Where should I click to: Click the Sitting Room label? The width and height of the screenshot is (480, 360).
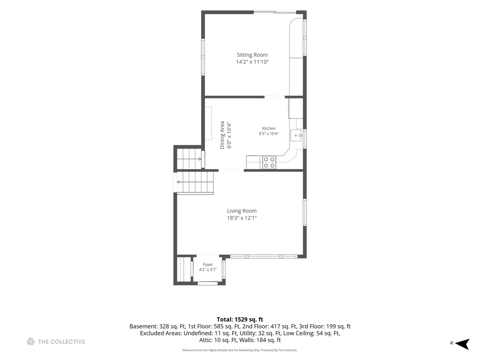tap(252, 55)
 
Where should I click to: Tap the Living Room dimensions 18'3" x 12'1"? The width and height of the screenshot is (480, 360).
tap(242, 218)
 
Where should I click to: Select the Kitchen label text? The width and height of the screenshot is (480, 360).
tap(269, 128)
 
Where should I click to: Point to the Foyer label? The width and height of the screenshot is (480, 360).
tap(208, 264)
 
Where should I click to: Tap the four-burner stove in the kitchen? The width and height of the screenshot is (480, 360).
tap(269, 162)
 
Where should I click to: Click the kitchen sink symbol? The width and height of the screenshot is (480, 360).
tap(296, 136)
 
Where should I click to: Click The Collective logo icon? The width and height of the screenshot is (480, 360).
tap(31, 341)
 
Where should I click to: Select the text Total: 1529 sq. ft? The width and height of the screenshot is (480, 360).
tap(240, 319)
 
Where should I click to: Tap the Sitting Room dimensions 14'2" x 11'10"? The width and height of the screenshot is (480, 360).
tap(252, 62)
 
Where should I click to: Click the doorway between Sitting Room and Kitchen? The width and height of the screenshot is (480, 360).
tap(275, 97)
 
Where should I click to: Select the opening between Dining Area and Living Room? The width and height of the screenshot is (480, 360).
tap(231, 170)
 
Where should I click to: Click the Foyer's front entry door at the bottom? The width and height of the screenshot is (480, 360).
tap(208, 283)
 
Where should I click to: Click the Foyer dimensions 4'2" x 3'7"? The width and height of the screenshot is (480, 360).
tap(208, 270)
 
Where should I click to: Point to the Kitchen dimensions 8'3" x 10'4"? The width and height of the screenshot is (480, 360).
tap(269, 134)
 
